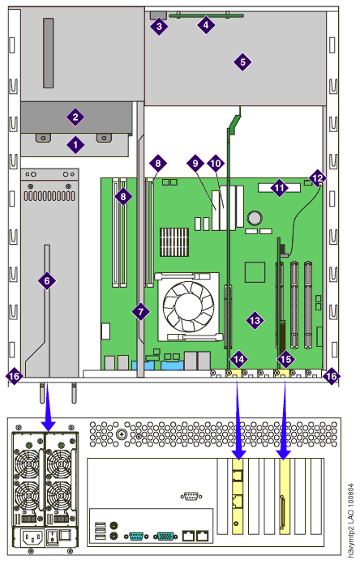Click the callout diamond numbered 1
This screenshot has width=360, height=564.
[75, 144]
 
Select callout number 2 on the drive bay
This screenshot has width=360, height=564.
[75, 117]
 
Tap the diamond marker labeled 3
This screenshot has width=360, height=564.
[159, 26]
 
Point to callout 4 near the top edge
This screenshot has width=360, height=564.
[206, 25]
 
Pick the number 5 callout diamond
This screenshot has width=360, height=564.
[242, 62]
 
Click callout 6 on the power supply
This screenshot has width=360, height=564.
[47, 280]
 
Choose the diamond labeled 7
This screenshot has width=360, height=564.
[141, 311]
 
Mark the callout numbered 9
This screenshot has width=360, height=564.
[195, 164]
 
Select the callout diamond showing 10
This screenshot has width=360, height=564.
[216, 164]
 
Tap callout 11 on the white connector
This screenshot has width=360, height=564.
[279, 187]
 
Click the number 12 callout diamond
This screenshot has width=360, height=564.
[318, 177]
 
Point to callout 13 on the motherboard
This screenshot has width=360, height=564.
[255, 320]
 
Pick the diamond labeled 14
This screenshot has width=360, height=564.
[238, 359]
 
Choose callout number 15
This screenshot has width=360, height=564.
[285, 359]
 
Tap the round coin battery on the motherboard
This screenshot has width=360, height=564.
[255, 218]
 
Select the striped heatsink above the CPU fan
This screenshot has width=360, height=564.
[174, 242]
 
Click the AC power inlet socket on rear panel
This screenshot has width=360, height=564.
[32, 538]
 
